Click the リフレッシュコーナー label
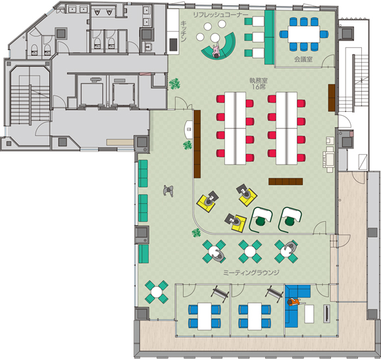[220, 15]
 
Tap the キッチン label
[184, 32]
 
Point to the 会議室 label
[303, 59]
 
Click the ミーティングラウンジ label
[251, 272]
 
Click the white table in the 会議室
[303, 34]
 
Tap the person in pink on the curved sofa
[216, 51]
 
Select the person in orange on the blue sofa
[295, 302]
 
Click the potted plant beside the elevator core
[174, 84]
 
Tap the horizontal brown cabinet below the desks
[286, 182]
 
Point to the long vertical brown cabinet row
[197, 143]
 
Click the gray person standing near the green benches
[168, 191]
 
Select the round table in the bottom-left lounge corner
[157, 292]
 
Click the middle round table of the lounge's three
[250, 251]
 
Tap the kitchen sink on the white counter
[173, 45]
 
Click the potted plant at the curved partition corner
[196, 233]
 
